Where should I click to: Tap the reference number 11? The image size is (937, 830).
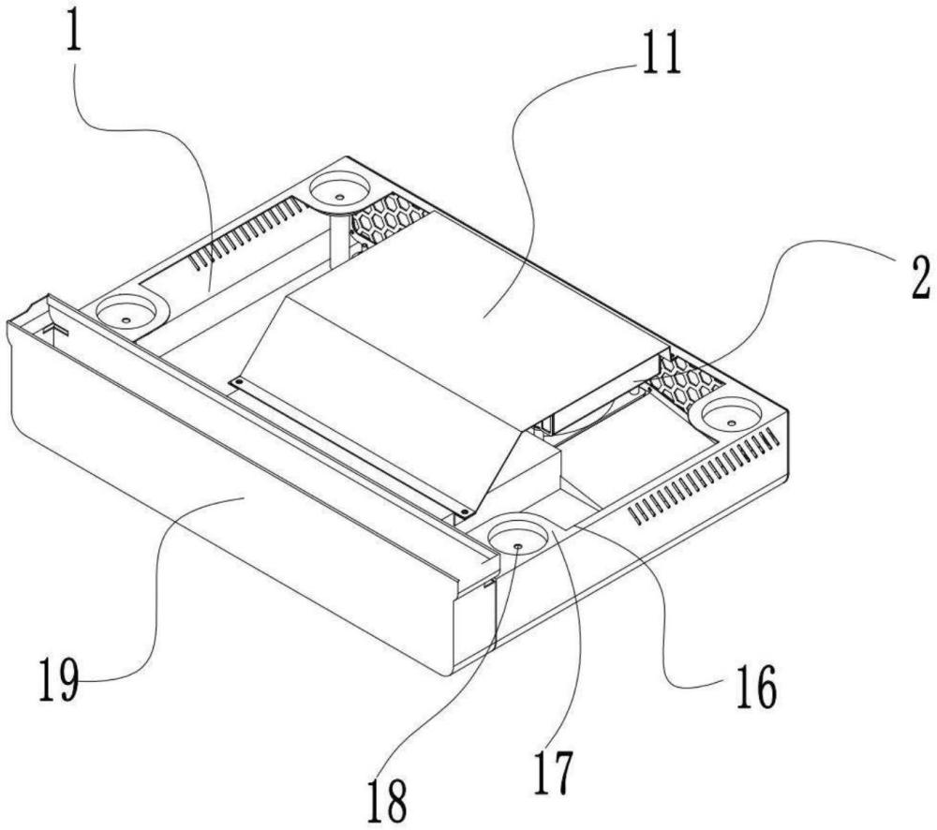pos(661,52)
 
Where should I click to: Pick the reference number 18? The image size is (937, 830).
pos(387,801)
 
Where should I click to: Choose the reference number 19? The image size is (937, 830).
pos(59,678)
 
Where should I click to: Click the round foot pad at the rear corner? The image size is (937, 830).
pos(339,190)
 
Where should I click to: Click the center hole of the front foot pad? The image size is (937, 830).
pos(517,545)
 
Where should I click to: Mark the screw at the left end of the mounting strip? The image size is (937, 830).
pos(238,380)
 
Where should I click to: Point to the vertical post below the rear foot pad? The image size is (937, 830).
pos(340,239)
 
